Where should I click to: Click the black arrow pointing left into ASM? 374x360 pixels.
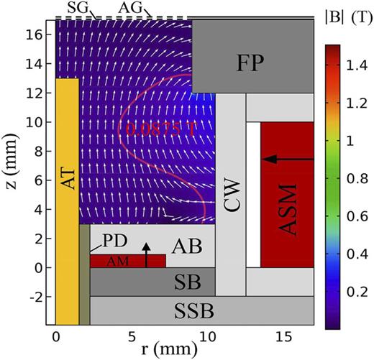coord(288,158)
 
